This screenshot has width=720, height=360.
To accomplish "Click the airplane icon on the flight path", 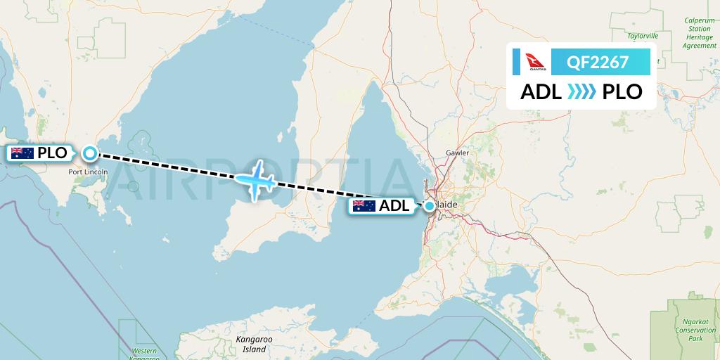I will tap(257, 180).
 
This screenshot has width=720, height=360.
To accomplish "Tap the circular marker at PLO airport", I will tap(90, 153).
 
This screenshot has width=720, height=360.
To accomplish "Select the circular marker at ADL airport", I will tap(429, 206).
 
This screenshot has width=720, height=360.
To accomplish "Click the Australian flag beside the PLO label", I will tap(22, 153).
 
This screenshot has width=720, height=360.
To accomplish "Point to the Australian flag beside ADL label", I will tap(364, 206).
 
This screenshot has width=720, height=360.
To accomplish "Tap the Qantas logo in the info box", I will tap(528, 62).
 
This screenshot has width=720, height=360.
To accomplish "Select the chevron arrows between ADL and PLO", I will tap(581, 92).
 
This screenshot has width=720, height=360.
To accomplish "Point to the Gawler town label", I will tap(457, 153).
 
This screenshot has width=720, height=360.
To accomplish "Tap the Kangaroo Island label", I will tap(253, 345).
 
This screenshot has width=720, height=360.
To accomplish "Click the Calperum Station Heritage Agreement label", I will tap(699, 33).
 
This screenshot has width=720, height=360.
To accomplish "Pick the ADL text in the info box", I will tap(541, 92).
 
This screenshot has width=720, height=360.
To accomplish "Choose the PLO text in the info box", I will tap(622, 92).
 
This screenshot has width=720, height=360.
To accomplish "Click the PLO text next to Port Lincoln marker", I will tap(52, 153).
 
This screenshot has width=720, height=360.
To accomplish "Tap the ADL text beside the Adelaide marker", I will tap(394, 206).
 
